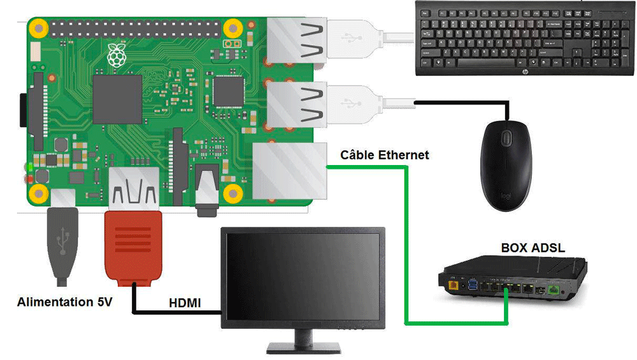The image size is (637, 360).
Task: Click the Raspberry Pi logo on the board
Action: click(x=117, y=55)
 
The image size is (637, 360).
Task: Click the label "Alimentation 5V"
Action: click(x=64, y=302)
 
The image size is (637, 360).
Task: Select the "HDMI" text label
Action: click(x=185, y=303)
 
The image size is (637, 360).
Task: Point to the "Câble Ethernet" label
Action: click(x=384, y=155)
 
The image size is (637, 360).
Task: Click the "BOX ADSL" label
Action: click(x=533, y=248)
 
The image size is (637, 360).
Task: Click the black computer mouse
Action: click(x=506, y=166)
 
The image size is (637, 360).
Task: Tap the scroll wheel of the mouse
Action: click(x=506, y=138)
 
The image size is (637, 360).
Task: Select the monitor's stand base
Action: click(x=303, y=348)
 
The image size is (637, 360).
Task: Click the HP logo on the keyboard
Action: click(x=524, y=72)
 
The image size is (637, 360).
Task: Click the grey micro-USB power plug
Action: click(x=62, y=246)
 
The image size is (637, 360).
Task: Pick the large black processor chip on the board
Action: click(x=117, y=99)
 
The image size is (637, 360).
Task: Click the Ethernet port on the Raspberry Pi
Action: click(x=290, y=171)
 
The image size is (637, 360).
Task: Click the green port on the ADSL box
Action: click(x=553, y=290)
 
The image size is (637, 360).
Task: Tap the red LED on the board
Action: click(x=29, y=179)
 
